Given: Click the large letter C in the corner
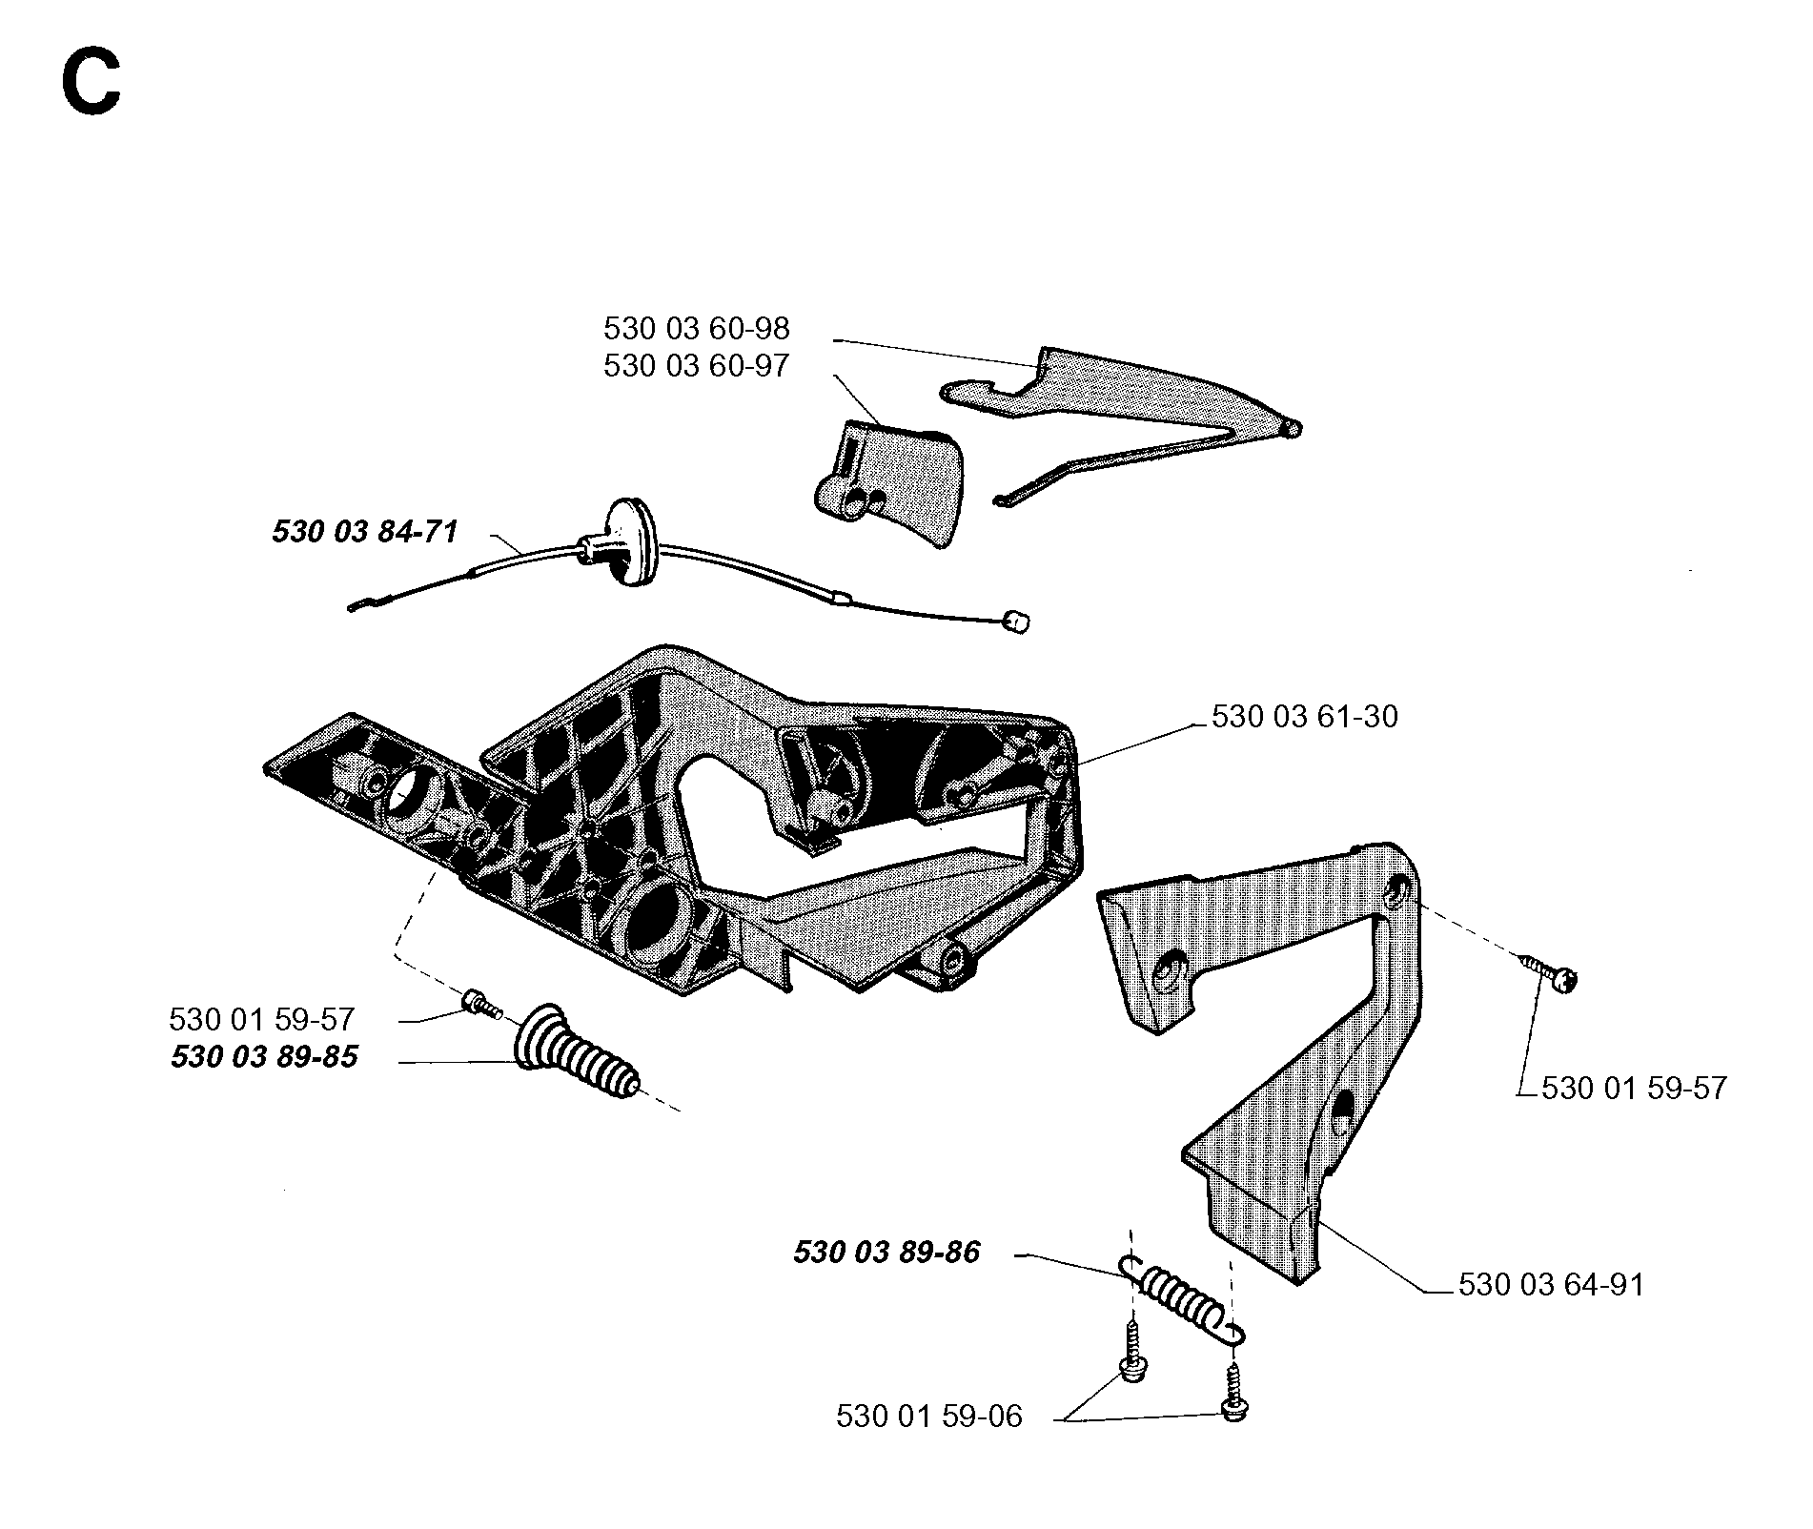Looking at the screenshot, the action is tap(92, 83).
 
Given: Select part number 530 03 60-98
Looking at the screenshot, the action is tap(697, 329).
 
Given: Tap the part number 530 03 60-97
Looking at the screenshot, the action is tap(697, 366).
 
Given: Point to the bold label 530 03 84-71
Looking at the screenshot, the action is tap(365, 531).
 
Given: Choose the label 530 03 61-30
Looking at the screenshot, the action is tap(1305, 716).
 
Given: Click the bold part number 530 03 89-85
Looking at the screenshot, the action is tap(264, 1057).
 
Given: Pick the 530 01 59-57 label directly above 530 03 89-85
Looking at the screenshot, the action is tap(262, 1019).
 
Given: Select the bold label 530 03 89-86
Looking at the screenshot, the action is tap(886, 1252).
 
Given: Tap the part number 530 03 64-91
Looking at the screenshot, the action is tap(1552, 1284).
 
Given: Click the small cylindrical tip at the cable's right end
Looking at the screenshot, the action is tap(1018, 623).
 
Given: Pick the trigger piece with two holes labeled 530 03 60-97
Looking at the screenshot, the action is tap(889, 486).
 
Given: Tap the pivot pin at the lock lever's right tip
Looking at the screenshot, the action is tap(1294, 428).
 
